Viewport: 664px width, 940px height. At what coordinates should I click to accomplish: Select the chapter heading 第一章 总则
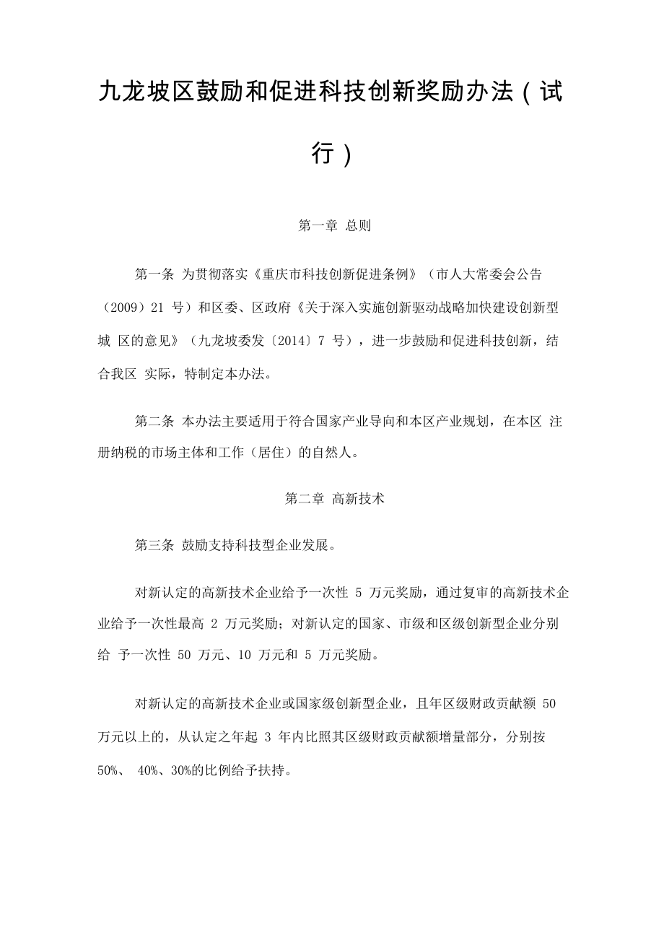[334, 225]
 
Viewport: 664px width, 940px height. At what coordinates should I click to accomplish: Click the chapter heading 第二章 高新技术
[334, 498]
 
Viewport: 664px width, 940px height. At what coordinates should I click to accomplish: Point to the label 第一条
[154, 274]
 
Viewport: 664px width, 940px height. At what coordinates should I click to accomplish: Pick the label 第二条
[154, 422]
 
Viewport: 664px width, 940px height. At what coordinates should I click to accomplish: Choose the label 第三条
[154, 545]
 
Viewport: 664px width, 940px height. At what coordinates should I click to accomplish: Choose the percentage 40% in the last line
[148, 770]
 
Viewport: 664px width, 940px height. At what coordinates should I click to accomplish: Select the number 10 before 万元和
[244, 656]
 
